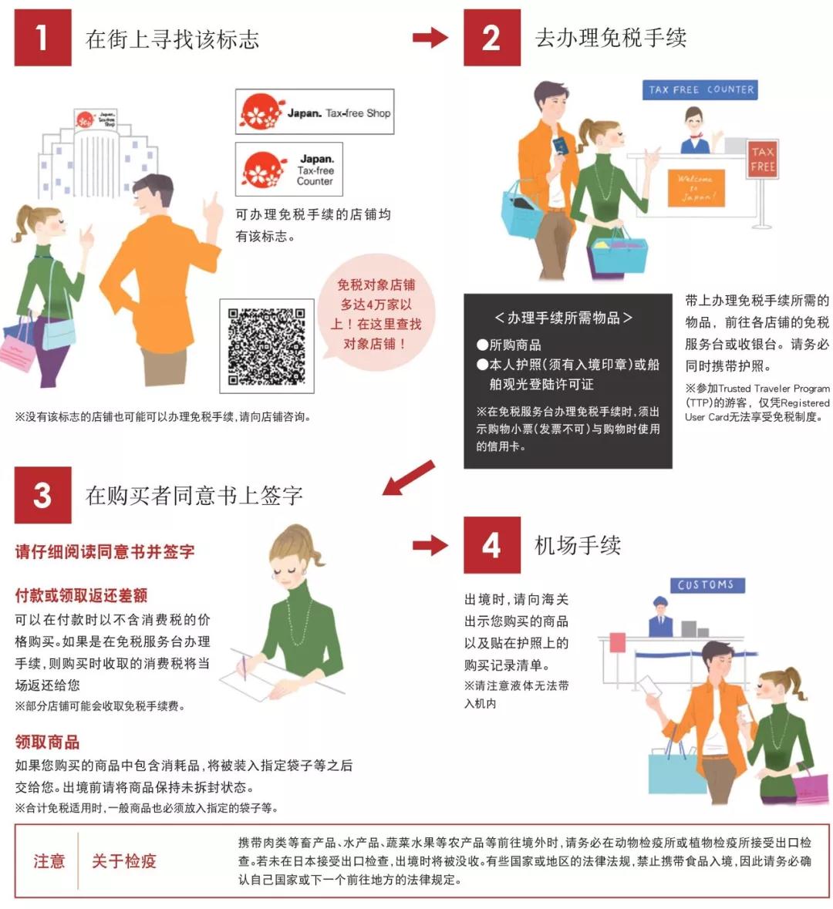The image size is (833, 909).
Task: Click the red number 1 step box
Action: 42,38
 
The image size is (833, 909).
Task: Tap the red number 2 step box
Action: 491,38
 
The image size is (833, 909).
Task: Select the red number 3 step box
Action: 42,495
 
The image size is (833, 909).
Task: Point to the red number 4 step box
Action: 491,545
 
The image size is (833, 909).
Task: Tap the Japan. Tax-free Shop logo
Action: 315,113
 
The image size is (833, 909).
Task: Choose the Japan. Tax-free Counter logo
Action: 288,169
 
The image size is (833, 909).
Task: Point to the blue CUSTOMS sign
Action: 707,585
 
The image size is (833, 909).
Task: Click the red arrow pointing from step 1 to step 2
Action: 430,37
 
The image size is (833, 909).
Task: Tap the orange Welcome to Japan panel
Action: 696,188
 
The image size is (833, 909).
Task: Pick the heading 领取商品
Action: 47,742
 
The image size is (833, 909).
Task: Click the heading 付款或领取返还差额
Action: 81,595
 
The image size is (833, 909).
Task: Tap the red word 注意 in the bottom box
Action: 49,861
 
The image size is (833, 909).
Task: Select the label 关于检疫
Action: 123,861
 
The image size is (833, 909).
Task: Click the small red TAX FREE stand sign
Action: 762,159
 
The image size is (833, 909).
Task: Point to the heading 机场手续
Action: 578,546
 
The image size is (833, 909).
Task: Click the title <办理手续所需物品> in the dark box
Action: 563,318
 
